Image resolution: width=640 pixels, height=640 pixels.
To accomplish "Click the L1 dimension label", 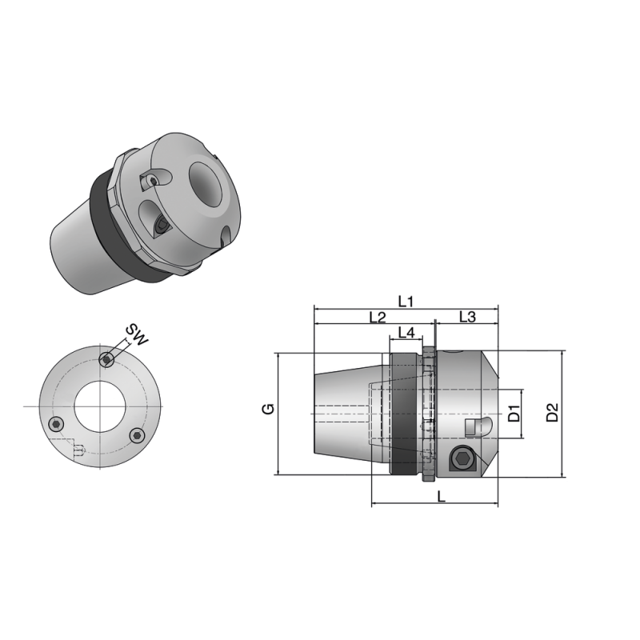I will (406, 301).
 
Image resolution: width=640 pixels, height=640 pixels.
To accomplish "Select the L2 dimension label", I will (378, 318).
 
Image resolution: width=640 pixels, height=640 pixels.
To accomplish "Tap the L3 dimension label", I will (467, 318).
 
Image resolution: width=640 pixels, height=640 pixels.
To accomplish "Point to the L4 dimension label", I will (406, 332).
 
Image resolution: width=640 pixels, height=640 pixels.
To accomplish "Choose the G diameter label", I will (270, 408).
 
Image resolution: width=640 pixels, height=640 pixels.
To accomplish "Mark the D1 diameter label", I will (515, 414).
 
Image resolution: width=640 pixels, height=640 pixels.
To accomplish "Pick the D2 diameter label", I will (552, 413).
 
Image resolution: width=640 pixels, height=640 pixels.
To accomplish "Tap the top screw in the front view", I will (106, 360).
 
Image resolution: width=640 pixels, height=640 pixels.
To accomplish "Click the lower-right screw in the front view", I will (137, 435).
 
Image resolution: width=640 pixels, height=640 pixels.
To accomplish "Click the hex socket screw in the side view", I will (462, 459).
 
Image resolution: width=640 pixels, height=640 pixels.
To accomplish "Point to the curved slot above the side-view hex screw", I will (477, 426).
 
